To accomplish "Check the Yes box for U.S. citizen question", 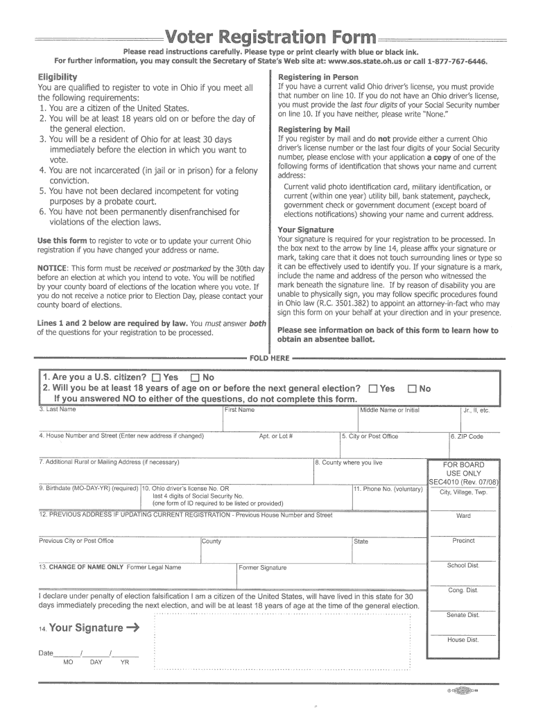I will tap(155, 378).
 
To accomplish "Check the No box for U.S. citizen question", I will tap(195, 378).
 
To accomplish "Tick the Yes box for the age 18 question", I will tap(374, 389).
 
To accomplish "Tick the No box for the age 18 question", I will tap(413, 389).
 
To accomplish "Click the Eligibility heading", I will tap(57, 77).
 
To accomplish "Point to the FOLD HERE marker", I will tap(270, 358).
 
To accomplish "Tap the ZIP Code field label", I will tap(467, 437).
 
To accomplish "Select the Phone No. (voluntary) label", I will tap(388, 489).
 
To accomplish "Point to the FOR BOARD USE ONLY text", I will tap(464, 469).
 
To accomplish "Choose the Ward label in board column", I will tap(463, 516).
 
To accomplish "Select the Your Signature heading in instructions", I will tap(306, 230).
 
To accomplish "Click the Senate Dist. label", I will tap(463, 615).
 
